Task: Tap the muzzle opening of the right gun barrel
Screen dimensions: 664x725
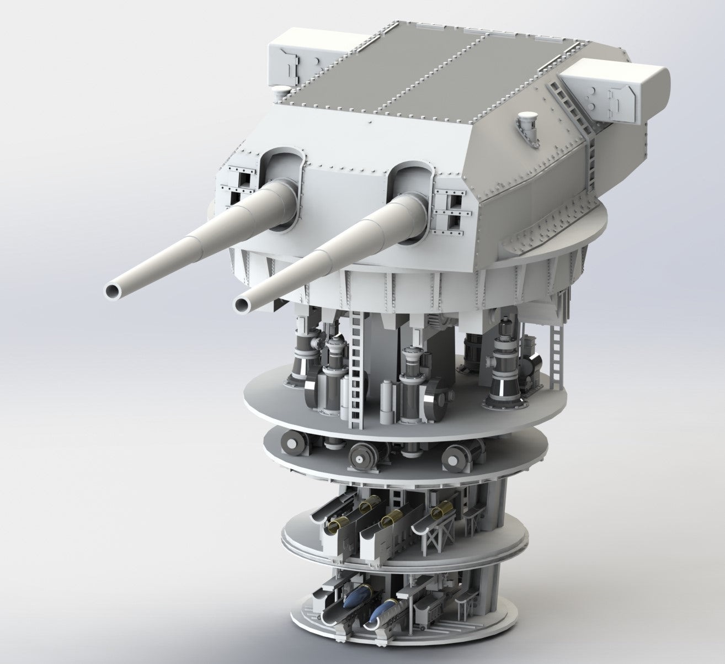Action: point(246,302)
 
